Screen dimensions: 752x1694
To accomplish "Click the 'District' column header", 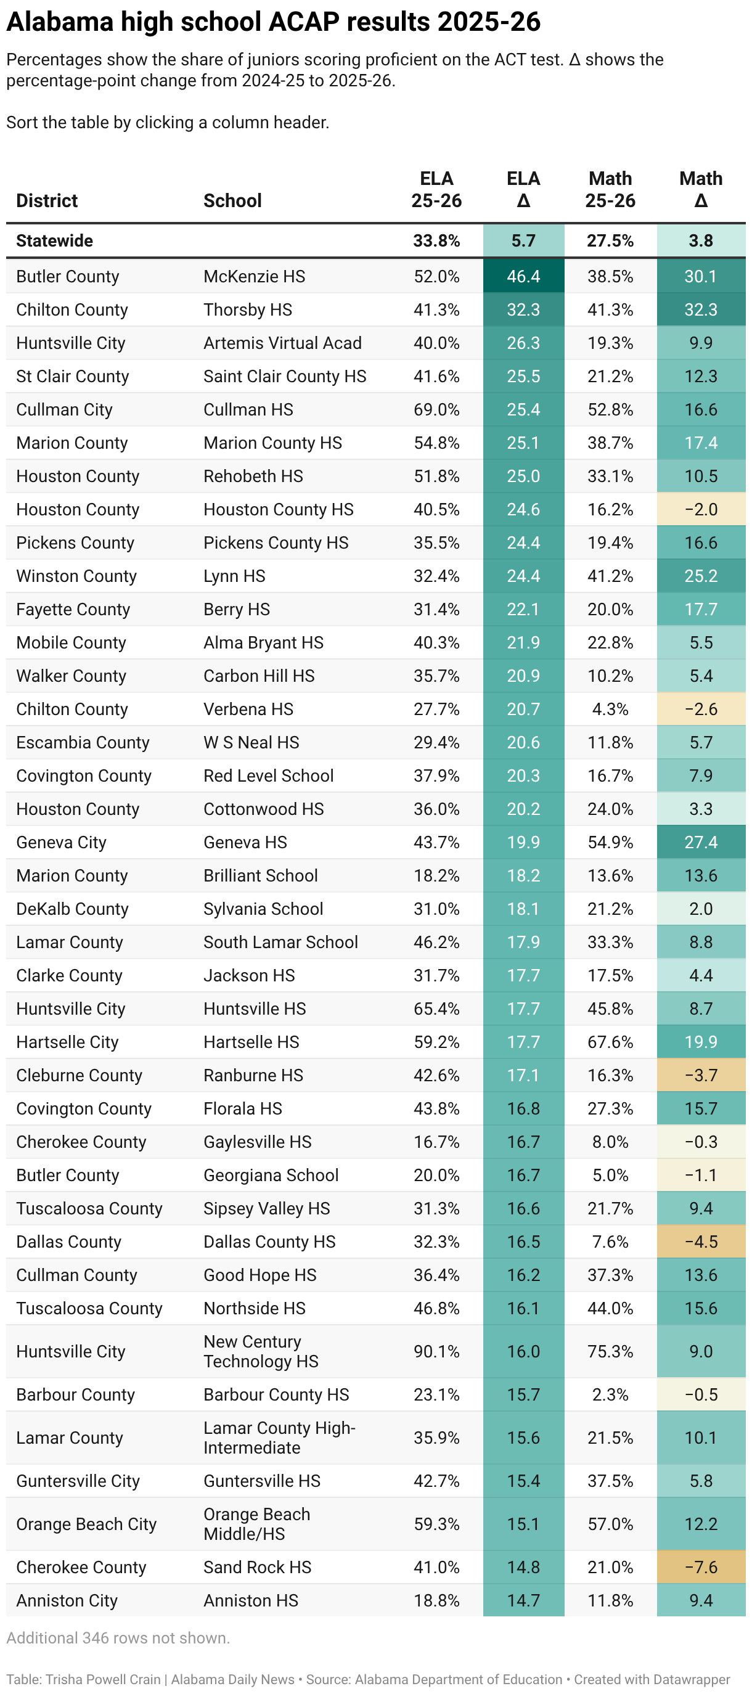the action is pos(47,200).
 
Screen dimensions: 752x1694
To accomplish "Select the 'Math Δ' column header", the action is pos(701,189).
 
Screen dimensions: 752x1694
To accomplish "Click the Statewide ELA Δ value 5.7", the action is pos(523,240).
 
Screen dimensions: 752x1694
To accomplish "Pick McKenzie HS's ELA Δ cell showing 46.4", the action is pos(523,276).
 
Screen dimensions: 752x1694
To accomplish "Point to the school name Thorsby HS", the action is pos(248,309).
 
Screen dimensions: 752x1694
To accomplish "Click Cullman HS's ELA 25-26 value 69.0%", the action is pos(436,410).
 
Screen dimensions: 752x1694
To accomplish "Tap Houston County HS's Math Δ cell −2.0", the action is pos(701,510).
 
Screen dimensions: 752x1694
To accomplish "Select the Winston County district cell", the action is pos(76,576).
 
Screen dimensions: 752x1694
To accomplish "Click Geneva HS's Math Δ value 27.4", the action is pos(701,843).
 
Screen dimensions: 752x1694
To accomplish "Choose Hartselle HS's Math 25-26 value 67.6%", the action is pos(610,1042).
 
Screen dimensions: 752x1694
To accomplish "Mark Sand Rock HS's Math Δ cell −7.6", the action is pos(701,1567).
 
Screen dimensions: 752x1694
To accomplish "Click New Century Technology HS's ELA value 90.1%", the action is pos(436,1351).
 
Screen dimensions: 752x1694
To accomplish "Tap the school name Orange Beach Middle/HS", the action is pos(256,1524).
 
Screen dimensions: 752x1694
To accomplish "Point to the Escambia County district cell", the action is pos(83,742).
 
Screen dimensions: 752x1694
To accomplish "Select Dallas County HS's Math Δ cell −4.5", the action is pos(701,1242).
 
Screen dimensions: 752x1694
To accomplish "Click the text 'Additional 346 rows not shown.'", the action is pos(118,1638).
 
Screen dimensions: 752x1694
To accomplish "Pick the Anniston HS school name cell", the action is pos(250,1601).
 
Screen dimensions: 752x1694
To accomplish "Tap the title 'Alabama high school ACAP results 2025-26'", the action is pos(274,22).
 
